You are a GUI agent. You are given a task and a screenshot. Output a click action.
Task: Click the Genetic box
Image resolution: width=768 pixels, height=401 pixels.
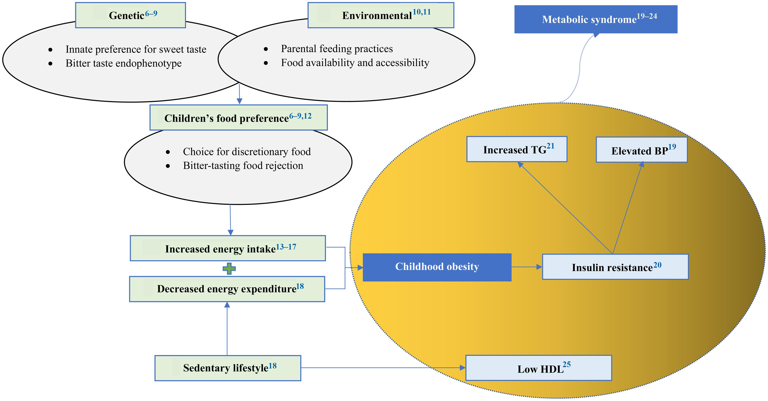pos(131,15)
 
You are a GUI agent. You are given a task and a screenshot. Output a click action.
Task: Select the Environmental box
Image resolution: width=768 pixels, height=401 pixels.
pos(381,15)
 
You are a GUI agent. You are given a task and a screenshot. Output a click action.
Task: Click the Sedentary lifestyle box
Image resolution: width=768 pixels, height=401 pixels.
pos(228,368)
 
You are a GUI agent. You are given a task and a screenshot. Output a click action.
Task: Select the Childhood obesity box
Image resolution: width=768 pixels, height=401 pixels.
pos(437,267)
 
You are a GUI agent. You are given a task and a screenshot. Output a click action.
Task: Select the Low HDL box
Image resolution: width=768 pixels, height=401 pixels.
pos(538,368)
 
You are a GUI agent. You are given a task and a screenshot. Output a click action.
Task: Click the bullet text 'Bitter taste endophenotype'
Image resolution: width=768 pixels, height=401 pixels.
pos(123,63)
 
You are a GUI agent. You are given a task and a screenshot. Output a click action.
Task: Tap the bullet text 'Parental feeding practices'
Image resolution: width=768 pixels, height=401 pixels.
pos(337,49)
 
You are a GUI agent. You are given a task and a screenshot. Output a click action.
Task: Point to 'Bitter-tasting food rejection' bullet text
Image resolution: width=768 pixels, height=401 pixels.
pos(243,165)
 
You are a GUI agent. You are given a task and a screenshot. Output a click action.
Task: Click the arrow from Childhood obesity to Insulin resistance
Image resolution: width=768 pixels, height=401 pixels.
pos(527,267)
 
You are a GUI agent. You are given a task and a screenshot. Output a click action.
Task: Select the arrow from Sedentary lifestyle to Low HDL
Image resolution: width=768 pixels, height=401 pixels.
pos(383,368)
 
